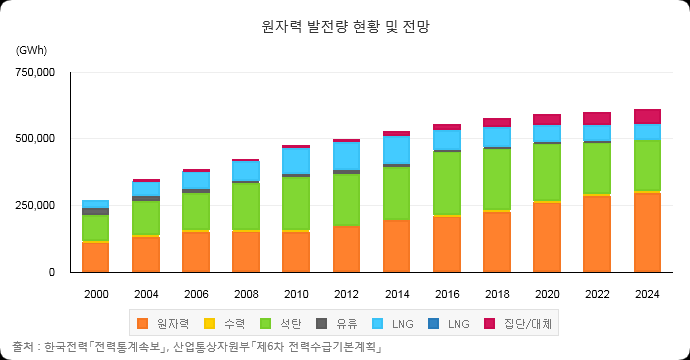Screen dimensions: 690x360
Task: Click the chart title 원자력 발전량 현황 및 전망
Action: pyautogui.click(x=345, y=26)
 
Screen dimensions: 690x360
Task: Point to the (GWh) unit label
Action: pyautogui.click(x=31, y=50)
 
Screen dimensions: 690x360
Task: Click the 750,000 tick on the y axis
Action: pyautogui.click(x=35, y=72)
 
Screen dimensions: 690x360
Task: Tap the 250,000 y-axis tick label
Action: pyautogui.click(x=35, y=206)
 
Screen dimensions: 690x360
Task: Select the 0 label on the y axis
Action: pyautogui.click(x=52, y=272)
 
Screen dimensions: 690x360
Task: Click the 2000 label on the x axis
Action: pyautogui.click(x=96, y=294)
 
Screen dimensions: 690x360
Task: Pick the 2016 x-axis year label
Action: pyautogui.click(x=447, y=294)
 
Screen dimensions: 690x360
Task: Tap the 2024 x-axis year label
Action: pyautogui.click(x=647, y=294)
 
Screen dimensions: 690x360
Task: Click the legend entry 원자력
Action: pyautogui.click(x=163, y=324)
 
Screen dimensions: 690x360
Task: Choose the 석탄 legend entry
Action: pyautogui.click(x=281, y=324)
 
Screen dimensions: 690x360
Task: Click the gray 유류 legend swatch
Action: pyautogui.click(x=322, y=324)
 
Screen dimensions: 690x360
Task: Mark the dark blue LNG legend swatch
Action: pyautogui.click(x=433, y=324)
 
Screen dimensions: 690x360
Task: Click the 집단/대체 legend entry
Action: pyautogui.click(x=518, y=324)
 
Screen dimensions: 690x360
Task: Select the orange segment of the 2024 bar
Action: pyautogui.click(x=647, y=232)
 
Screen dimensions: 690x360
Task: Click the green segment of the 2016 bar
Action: pyautogui.click(x=447, y=184)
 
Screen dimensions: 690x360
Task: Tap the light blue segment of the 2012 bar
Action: pyautogui.click(x=346, y=156)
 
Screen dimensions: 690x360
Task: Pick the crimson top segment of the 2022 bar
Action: pyautogui.click(x=597, y=119)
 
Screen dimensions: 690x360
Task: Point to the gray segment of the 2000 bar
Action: pyautogui.click(x=95, y=212)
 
